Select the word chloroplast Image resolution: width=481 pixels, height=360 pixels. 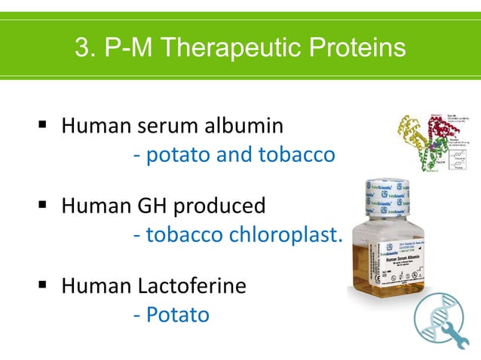tap(295, 235)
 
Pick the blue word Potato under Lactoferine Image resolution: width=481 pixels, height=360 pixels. tap(177, 314)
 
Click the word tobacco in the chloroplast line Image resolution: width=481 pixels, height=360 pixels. tap(184, 235)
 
